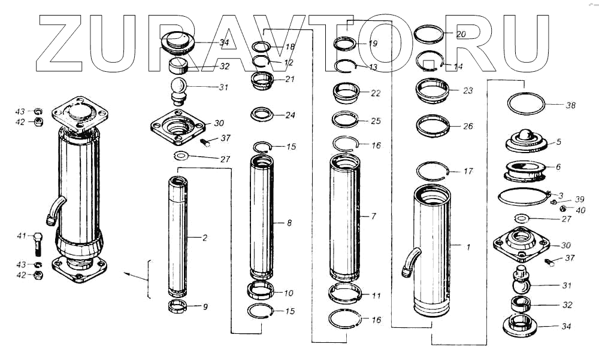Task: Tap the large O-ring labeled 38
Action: point(526,103)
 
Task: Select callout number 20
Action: point(461,34)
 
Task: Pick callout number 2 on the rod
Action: point(204,238)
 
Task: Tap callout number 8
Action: point(289,223)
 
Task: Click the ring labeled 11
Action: point(346,294)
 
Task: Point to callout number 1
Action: point(469,246)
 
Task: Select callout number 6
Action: point(558,168)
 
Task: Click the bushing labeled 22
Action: point(346,93)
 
